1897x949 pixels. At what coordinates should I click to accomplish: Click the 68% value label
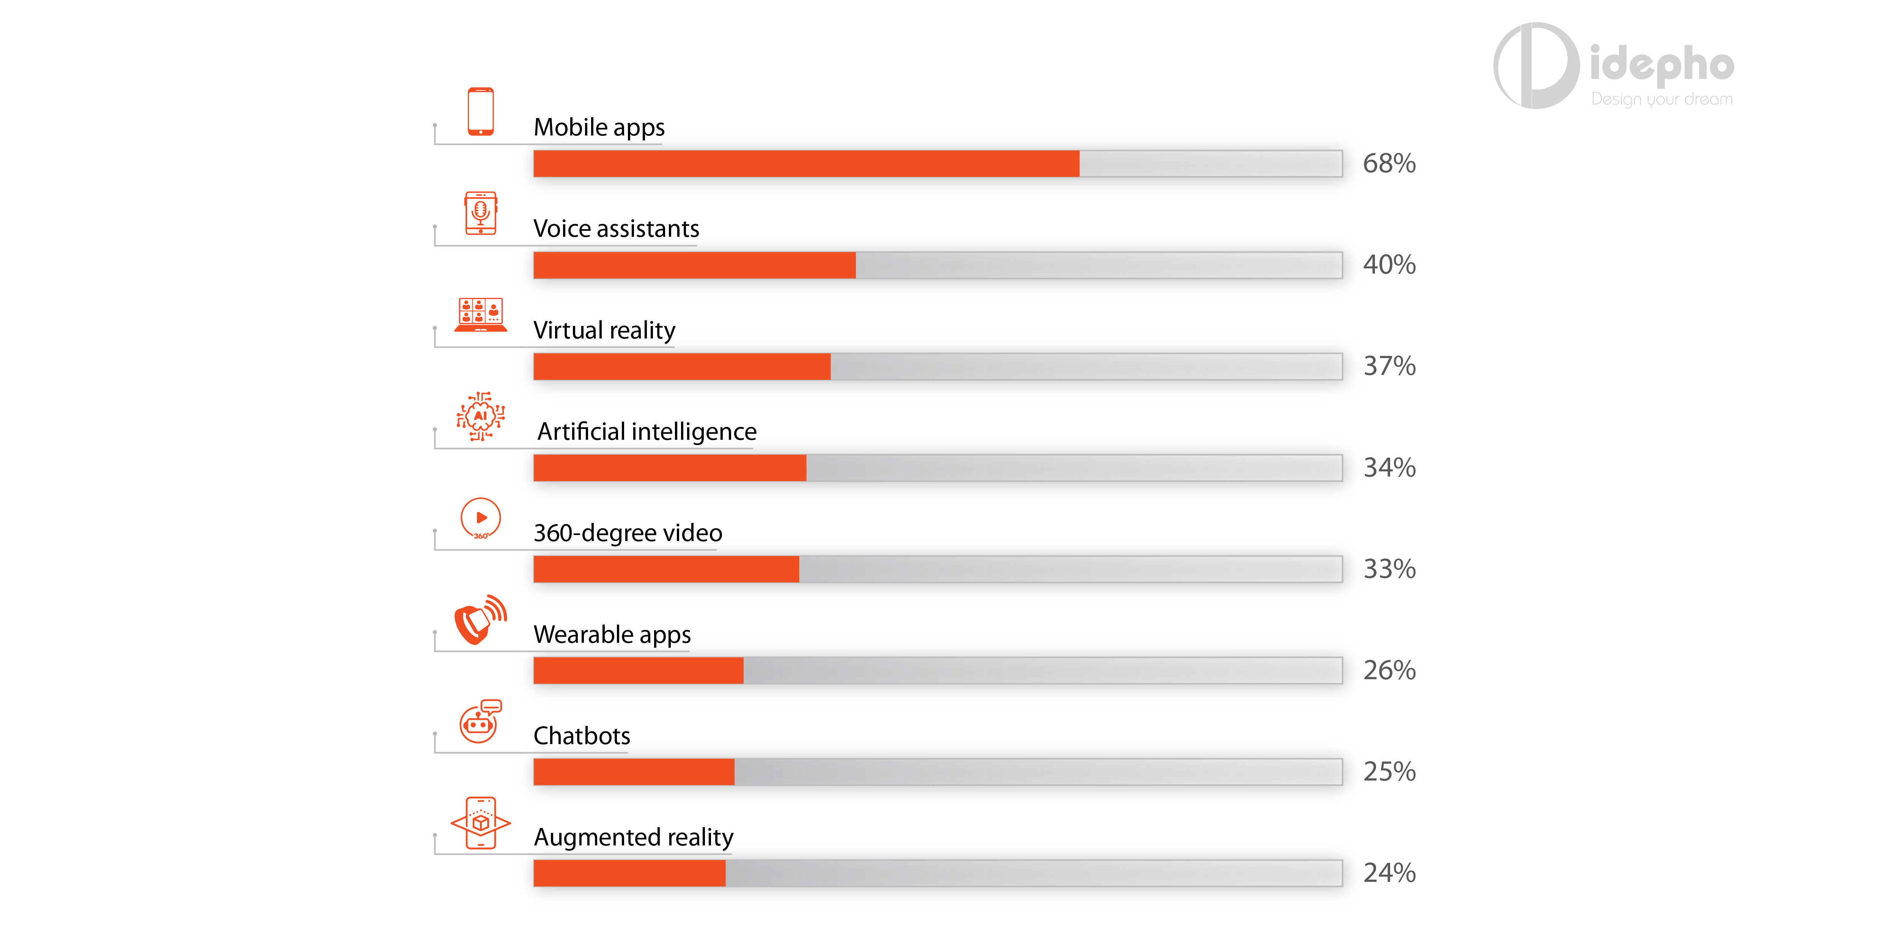(1389, 164)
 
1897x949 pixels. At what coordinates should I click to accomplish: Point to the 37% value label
(1389, 366)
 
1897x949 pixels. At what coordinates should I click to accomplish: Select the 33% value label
(1389, 569)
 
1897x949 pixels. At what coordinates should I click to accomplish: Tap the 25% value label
(1389, 771)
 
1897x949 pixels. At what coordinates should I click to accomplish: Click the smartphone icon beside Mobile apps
(480, 112)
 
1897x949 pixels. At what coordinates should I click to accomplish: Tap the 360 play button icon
(480, 518)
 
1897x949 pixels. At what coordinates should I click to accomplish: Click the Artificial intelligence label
(646, 431)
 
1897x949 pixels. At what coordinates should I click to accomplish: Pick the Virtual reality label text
(604, 330)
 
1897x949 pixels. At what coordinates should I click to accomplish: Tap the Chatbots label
(582, 735)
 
